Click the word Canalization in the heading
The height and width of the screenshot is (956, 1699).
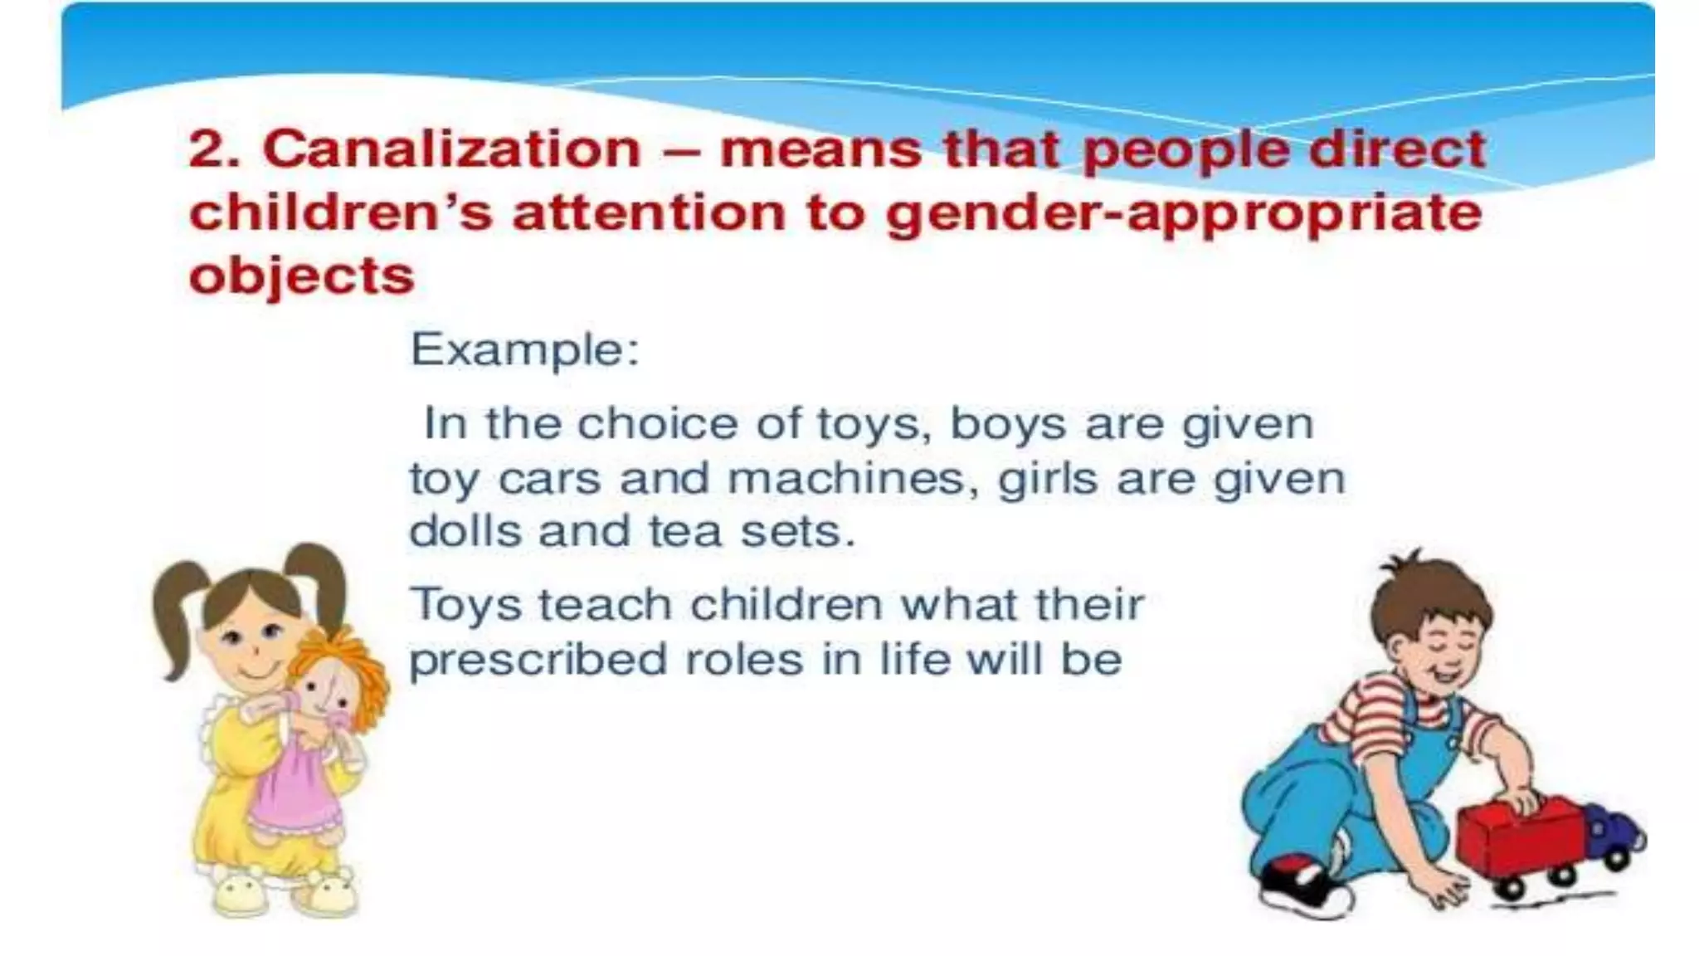coord(452,150)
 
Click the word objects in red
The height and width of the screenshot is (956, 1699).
coord(301,276)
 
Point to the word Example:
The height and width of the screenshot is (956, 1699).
coord(525,349)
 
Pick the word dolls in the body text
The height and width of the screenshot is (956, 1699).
coord(464,532)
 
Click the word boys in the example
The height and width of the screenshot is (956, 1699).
coord(1007,424)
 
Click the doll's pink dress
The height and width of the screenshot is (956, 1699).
coord(295,788)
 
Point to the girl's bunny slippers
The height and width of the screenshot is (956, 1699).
coord(282,891)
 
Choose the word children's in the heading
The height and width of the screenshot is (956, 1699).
coord(341,213)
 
